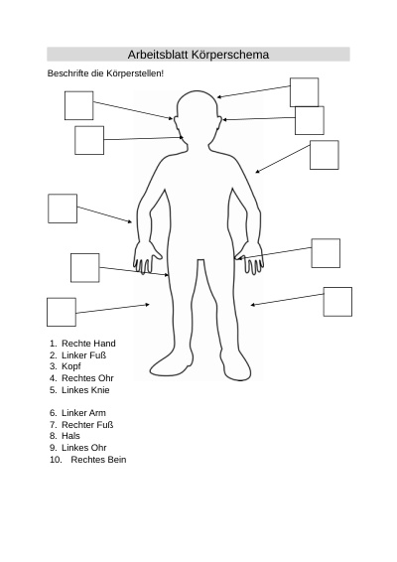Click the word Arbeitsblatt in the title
(158, 55)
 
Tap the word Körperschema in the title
(230, 55)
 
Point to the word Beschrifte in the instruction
(67, 73)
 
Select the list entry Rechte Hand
(88, 344)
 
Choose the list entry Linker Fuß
(83, 355)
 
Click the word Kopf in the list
(70, 366)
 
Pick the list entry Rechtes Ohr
(87, 378)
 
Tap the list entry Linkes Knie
(85, 390)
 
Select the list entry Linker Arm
(83, 413)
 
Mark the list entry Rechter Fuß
(87, 425)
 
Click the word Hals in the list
(70, 436)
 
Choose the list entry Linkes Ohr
(83, 448)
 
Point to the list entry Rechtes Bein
(98, 460)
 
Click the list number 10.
(56, 460)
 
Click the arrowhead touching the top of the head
(219, 96)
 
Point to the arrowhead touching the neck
(182, 137)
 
